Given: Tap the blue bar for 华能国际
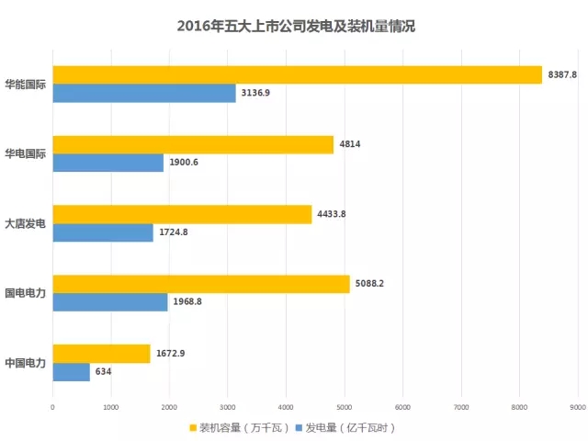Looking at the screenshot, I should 144,93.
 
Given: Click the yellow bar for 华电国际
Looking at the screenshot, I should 193,144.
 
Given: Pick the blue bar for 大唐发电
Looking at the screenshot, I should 103,232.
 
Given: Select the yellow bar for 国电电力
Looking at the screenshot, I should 201,284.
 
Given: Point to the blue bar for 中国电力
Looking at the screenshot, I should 72,371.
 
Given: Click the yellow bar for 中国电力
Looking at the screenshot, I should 101,354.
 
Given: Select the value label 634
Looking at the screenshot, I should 105,371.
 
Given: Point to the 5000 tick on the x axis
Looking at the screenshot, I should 344,405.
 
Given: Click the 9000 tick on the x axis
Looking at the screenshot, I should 577,405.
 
